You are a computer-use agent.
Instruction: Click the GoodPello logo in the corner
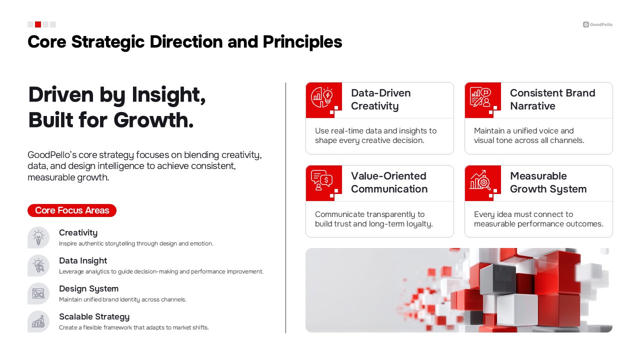(597, 24)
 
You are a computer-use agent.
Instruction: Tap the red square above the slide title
(38, 24)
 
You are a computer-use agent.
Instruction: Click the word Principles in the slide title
(302, 42)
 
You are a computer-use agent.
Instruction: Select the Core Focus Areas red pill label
(72, 210)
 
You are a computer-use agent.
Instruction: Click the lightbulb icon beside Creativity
(38, 237)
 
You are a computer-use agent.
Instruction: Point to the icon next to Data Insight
(38, 265)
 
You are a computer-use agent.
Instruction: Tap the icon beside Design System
(38, 293)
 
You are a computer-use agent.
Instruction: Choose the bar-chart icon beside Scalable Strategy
(38, 321)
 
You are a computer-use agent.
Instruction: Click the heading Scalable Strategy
(94, 317)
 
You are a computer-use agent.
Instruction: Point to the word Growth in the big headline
(153, 120)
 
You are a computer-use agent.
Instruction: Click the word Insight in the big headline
(168, 95)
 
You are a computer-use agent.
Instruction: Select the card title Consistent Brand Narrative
(552, 99)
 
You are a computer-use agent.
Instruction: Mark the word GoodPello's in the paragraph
(52, 155)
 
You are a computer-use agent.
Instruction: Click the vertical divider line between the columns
(285, 208)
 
